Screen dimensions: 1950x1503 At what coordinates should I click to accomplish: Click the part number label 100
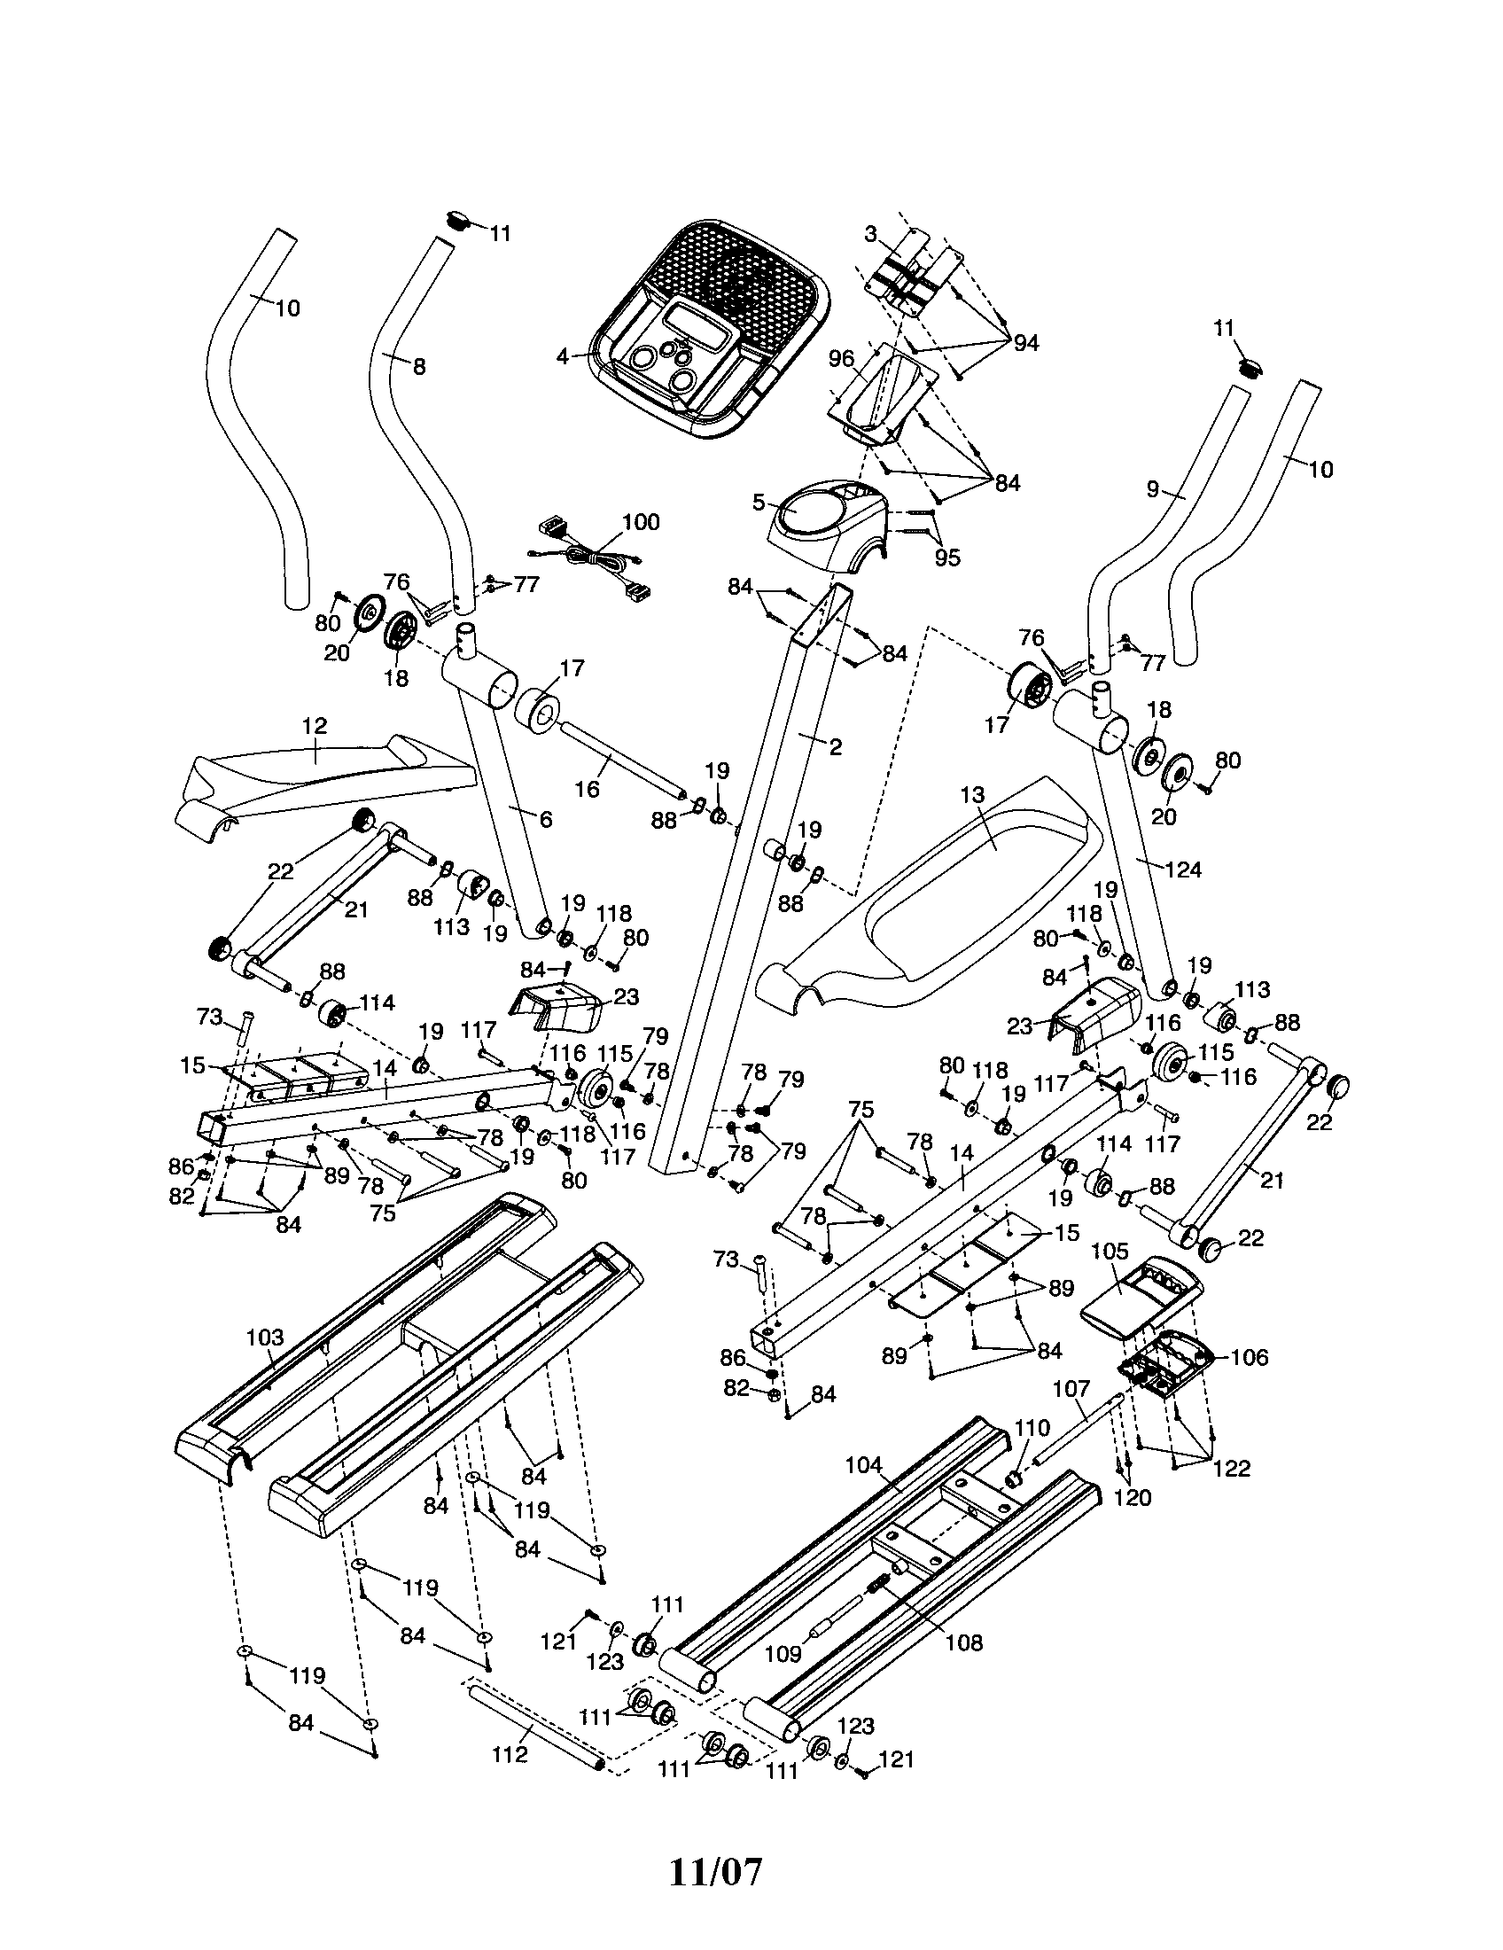[640, 522]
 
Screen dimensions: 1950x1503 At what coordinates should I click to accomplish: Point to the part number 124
[1184, 870]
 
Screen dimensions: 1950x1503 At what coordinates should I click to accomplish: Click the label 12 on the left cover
[315, 726]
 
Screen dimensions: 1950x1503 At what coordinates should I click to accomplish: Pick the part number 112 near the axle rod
[510, 1755]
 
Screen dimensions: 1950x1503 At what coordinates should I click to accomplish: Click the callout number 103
[265, 1338]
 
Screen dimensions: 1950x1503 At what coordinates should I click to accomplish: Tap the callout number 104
[863, 1465]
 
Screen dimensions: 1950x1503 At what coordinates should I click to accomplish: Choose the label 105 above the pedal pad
[1110, 1252]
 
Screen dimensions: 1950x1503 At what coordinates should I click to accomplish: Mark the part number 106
[1249, 1358]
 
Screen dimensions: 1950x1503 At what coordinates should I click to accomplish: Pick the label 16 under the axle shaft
[587, 789]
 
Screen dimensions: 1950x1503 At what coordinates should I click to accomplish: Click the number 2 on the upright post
[836, 747]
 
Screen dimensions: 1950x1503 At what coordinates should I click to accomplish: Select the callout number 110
[1032, 1428]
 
